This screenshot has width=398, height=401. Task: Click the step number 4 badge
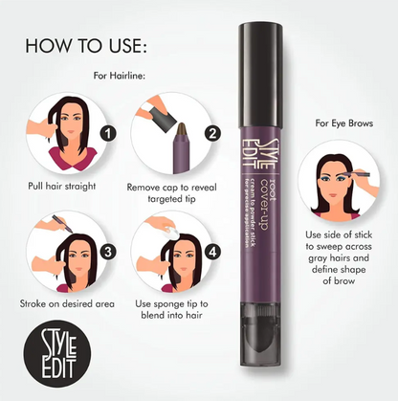213,254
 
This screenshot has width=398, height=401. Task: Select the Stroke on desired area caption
67,302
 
